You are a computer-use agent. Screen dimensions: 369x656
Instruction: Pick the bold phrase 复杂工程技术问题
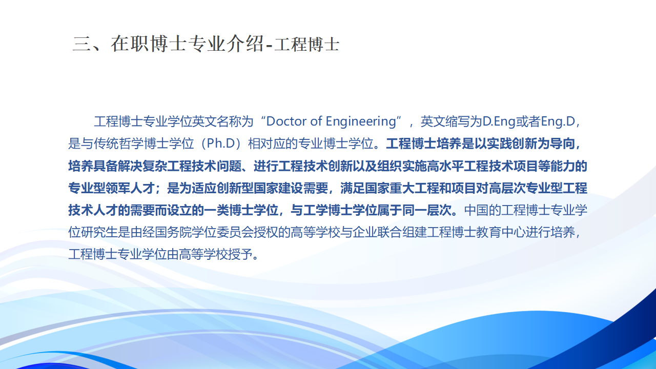pos(195,166)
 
